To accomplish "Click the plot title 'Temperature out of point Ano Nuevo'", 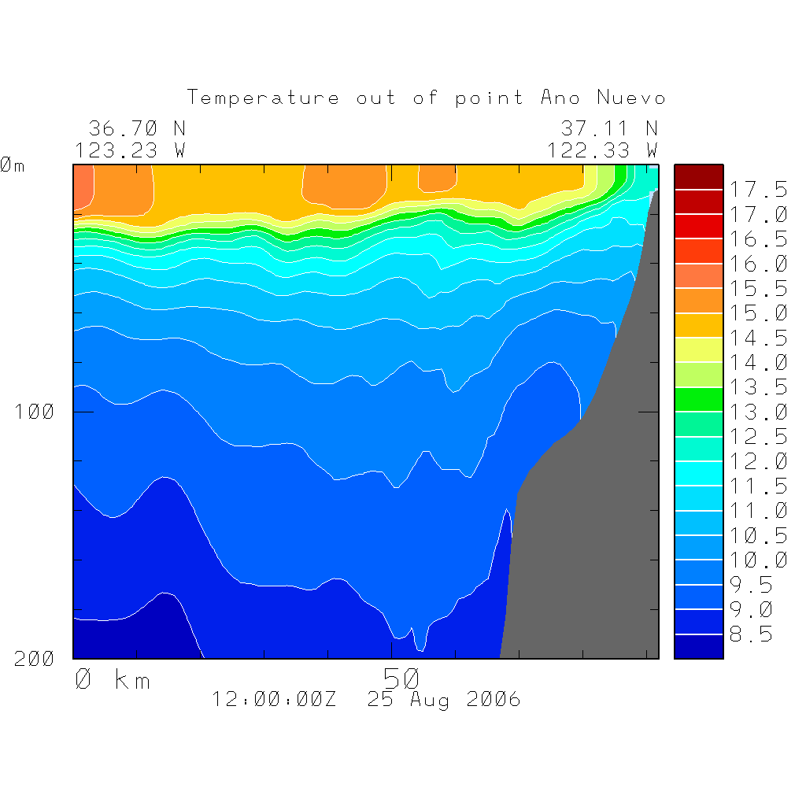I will pyautogui.click(x=426, y=98).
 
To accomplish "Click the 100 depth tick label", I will pyautogui.click(x=34, y=412).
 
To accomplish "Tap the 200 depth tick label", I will pyautogui.click(x=34, y=659).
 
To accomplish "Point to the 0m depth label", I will pyautogui.click(x=13, y=165).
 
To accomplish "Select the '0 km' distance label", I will pyautogui.click(x=112, y=679).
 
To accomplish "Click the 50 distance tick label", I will pyautogui.click(x=401, y=678).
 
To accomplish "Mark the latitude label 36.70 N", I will pyautogui.click(x=136, y=128).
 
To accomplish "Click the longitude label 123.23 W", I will pyautogui.click(x=130, y=150).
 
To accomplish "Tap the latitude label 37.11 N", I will pyautogui.click(x=608, y=128).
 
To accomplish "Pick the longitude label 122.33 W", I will pyautogui.click(x=602, y=150).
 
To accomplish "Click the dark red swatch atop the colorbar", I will pyautogui.click(x=698, y=177).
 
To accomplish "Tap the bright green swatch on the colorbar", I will pyautogui.click(x=698, y=399).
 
